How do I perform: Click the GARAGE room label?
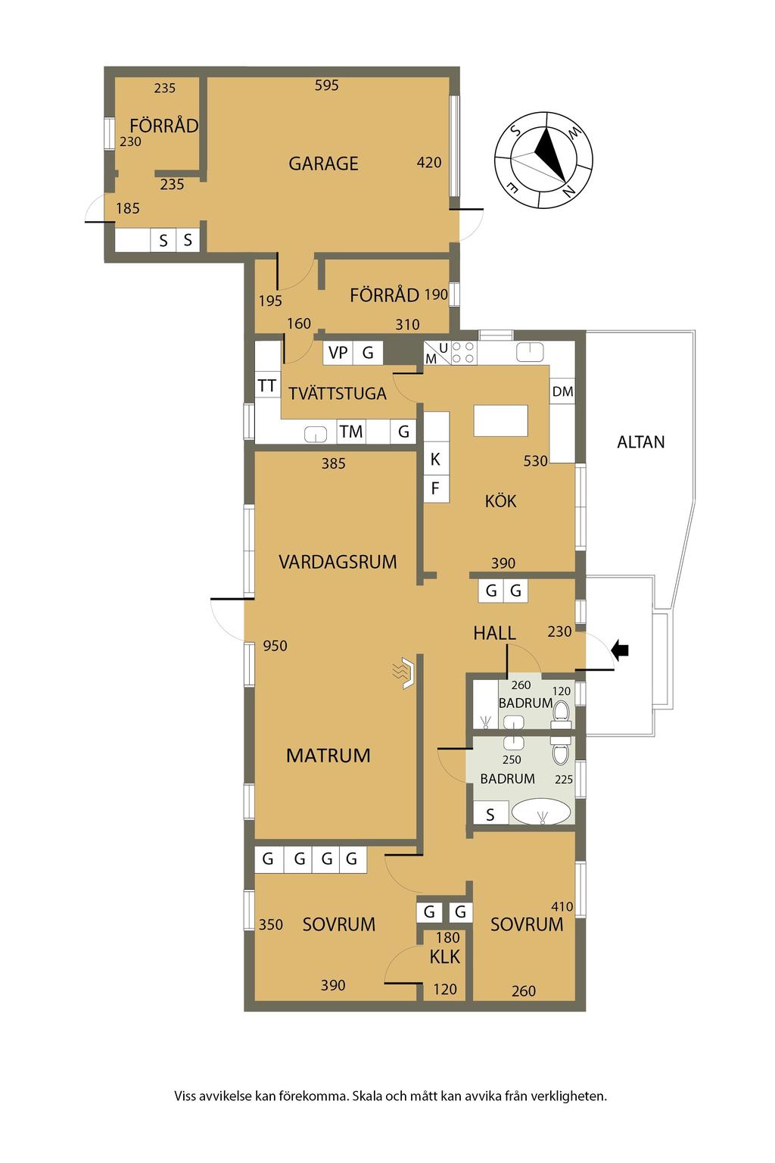coord(323,164)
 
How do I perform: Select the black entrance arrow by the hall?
coord(620,650)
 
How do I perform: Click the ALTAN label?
coord(640,442)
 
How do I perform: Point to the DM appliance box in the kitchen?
coord(562,391)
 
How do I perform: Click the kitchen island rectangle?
coord(500,420)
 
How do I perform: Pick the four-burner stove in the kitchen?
coord(463,353)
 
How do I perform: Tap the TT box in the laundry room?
coord(267,385)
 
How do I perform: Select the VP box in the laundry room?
coord(338,353)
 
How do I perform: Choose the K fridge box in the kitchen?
coord(435,459)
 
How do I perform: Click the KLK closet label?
coord(444,956)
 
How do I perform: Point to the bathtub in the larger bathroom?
coord(541,812)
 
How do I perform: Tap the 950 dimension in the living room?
coord(275,645)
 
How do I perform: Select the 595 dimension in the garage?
coord(326,85)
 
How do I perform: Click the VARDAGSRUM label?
coord(338,562)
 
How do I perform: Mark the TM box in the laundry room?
coord(351,432)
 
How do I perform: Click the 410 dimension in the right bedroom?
coord(562,906)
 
